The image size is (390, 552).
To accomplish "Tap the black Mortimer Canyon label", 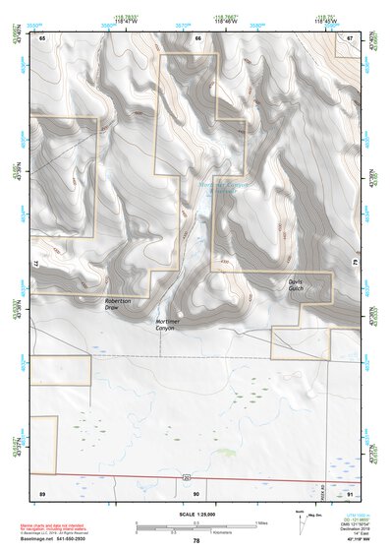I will point(169,325).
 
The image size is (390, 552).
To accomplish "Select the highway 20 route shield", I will point(186,477).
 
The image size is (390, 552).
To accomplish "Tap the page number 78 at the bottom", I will point(195,541).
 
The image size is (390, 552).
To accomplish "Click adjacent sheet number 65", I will point(42,37).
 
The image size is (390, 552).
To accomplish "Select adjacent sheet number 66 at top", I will point(197,37).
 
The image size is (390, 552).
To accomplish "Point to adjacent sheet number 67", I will point(350,37).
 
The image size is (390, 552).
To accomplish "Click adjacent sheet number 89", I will point(42,491).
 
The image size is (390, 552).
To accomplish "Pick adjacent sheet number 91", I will point(350,491).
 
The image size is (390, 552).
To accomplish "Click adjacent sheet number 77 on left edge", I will point(34,265).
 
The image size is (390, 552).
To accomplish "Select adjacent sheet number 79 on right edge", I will point(358,265).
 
